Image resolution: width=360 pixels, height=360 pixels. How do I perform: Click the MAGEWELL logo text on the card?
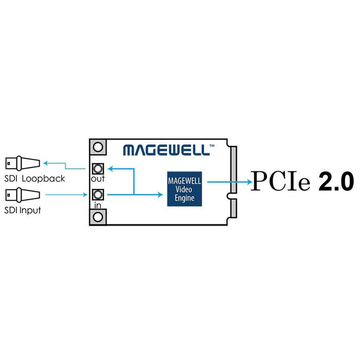[166, 150]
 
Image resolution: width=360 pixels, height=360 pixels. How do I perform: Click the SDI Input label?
[23, 210]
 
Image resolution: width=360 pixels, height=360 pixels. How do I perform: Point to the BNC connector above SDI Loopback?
[22, 164]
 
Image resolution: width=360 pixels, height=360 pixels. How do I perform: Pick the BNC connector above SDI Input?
[22, 194]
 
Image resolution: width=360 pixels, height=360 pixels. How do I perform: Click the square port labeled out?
[98, 168]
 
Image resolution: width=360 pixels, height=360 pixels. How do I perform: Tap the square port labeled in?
[98, 194]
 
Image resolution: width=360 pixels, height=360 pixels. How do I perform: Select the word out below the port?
[98, 179]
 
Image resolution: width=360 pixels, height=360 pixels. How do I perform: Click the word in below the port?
[97, 205]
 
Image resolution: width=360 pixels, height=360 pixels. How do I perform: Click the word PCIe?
[280, 182]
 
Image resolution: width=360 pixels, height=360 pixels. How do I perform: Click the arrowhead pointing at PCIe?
[248, 181]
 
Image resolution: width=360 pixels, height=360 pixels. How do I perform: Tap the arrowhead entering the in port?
[87, 194]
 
